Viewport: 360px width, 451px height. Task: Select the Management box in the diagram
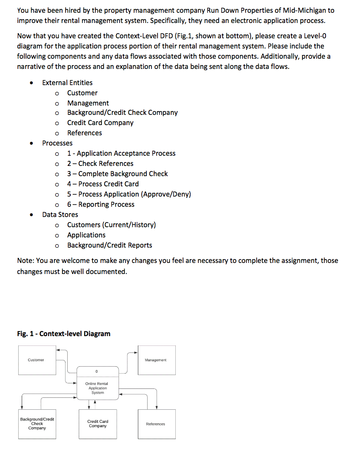(x=156, y=360)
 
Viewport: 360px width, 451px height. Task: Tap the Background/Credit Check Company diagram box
(x=37, y=424)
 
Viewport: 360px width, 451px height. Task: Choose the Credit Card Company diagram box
(x=98, y=424)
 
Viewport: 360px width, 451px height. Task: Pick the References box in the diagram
(x=156, y=424)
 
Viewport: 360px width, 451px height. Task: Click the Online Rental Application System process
(x=97, y=388)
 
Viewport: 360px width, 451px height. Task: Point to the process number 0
(x=97, y=372)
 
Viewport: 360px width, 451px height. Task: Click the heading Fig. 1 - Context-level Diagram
(x=64, y=334)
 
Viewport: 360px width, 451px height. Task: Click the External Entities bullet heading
(x=67, y=83)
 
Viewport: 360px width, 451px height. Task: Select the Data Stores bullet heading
(x=60, y=214)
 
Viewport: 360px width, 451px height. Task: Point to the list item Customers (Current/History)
(x=111, y=225)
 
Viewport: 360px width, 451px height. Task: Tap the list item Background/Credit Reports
(x=109, y=245)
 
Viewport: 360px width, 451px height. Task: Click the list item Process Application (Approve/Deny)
(x=129, y=194)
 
